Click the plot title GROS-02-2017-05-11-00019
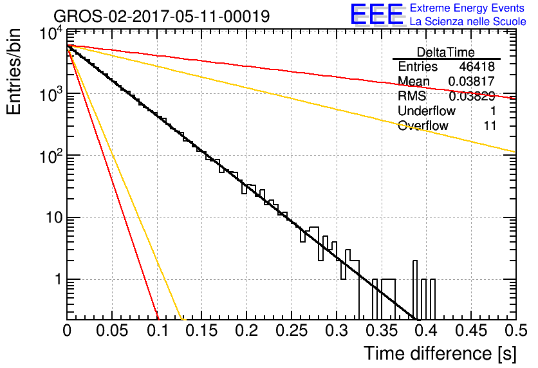[162, 17]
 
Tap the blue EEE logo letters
[377, 14]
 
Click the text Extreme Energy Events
[467, 8]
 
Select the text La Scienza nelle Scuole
[468, 22]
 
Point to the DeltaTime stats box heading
[446, 53]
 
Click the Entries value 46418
[477, 66]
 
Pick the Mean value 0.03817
[472, 81]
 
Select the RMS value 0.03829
[472, 96]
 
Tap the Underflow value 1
[492, 111]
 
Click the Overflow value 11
[490, 125]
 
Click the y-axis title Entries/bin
[14, 71]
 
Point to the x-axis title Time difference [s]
[440, 353]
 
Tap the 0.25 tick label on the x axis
[292, 331]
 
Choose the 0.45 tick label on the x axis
[471, 331]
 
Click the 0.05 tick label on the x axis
[112, 331]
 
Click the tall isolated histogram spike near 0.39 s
[415, 290]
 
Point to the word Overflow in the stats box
[423, 125]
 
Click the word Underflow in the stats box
[427, 111]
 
